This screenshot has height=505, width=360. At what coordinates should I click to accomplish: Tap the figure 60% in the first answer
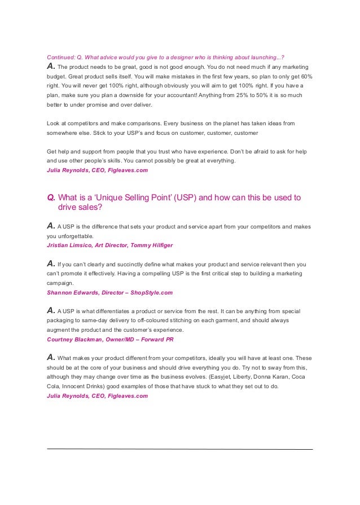(x=302, y=76)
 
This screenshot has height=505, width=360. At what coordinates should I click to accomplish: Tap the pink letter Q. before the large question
(x=51, y=197)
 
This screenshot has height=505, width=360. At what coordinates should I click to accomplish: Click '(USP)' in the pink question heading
(x=189, y=197)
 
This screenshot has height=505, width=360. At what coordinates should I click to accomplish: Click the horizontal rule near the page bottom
(x=179, y=449)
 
